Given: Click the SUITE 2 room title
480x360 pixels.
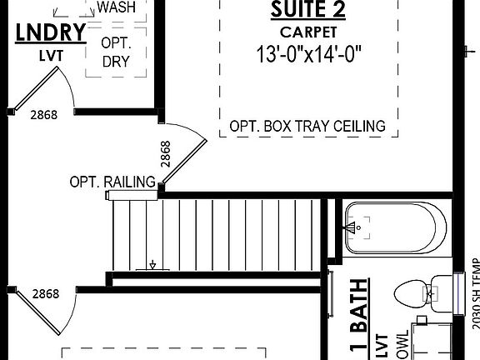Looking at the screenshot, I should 308,12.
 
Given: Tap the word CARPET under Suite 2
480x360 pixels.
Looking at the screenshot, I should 308,32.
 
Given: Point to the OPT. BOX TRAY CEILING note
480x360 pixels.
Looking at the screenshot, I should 307,127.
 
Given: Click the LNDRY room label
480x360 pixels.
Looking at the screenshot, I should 51,32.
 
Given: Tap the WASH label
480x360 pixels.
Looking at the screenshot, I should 116,7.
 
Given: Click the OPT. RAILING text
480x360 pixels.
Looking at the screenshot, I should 112,182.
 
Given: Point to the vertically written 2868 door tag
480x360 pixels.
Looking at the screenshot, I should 165,157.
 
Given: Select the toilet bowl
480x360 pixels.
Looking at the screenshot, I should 412,293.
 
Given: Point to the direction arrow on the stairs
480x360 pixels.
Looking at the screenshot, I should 152,265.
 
